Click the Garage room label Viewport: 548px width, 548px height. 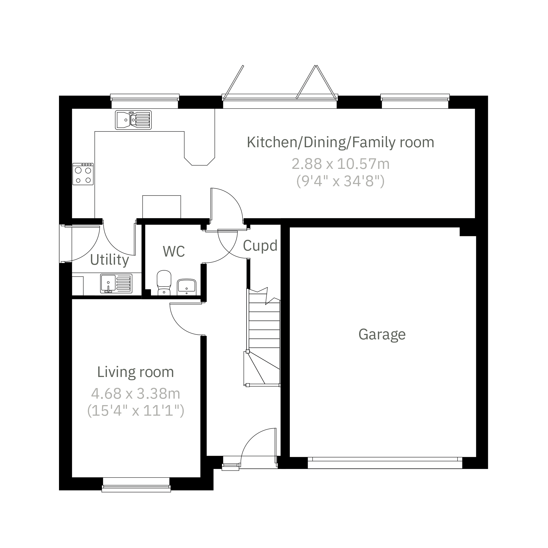click(382, 335)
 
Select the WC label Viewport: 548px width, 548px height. click(174, 251)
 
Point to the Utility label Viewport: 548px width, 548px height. click(110, 260)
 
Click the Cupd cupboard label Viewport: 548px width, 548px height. click(260, 246)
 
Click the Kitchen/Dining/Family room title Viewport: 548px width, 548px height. click(340, 142)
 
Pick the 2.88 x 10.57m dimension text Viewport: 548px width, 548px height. click(340, 164)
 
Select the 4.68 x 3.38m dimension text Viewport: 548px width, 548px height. click(136, 394)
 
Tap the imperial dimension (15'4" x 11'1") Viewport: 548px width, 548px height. click(136, 411)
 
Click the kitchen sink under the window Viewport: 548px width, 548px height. click(133, 120)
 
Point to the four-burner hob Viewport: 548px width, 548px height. click(83, 174)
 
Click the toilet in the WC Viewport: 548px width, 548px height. click(164, 283)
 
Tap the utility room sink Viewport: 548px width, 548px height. click(116, 283)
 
